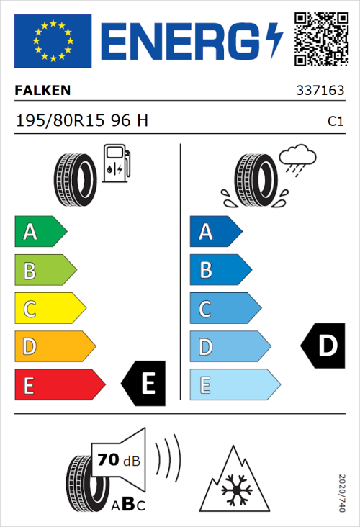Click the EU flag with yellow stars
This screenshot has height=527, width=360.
(53, 41)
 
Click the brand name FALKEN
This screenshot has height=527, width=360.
(43, 91)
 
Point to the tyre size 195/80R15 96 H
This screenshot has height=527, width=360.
(81, 121)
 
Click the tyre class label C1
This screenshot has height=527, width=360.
(335, 122)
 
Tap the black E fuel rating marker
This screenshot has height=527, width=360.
(144, 383)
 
